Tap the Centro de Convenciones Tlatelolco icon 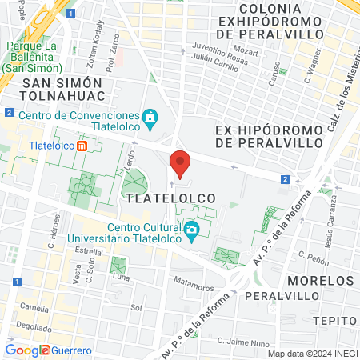(x=149, y=119)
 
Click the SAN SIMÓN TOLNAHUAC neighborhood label (x=62, y=90)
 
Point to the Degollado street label (x=33, y=326)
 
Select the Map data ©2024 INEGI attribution (x=312, y=354)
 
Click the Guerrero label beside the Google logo (x=72, y=350)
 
